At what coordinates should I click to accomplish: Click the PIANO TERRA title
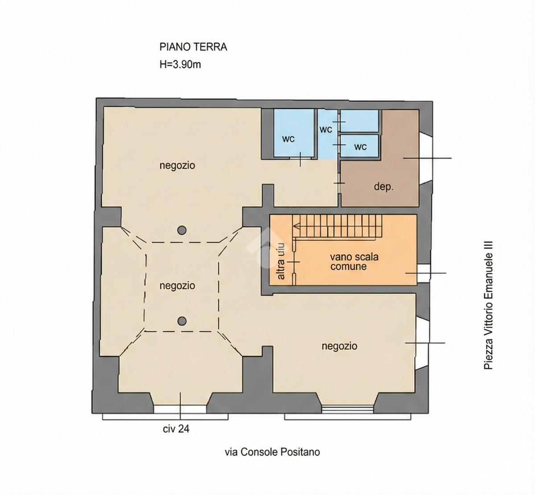tap(193, 47)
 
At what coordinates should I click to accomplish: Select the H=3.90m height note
tap(180, 65)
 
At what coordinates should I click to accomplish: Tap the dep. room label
tap(383, 186)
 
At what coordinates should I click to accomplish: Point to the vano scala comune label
tap(354, 262)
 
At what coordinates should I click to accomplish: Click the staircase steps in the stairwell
tap(337, 227)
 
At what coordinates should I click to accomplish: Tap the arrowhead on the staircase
tap(296, 226)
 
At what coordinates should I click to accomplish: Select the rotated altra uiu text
tap(281, 261)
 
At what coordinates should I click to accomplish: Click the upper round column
tap(182, 230)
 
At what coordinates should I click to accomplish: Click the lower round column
tap(182, 321)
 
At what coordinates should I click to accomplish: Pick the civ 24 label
tap(176, 429)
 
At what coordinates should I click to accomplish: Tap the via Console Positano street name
tap(272, 452)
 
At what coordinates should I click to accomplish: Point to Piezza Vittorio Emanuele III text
tap(488, 305)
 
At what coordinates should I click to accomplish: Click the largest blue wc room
tap(294, 133)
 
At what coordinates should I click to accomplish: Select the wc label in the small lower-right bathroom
tap(360, 147)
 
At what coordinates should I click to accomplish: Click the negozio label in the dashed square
tap(177, 285)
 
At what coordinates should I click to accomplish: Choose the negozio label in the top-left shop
tap(177, 165)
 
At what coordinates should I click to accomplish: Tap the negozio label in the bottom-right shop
tap(339, 346)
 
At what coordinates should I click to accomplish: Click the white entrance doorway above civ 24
tap(180, 409)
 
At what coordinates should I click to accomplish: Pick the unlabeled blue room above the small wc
tap(359, 121)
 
